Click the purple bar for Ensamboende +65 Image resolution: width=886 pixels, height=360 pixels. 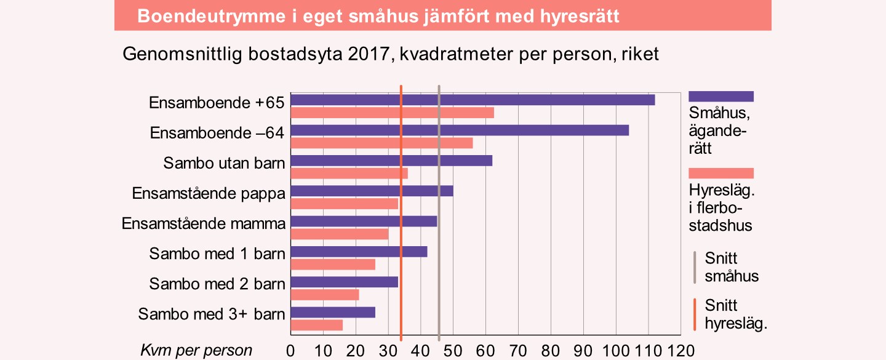473,100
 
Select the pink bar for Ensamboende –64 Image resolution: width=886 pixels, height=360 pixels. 381,143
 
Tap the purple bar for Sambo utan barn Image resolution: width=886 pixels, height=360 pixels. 391,161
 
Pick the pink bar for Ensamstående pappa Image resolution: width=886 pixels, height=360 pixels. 345,204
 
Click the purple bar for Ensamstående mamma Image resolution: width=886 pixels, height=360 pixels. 364,222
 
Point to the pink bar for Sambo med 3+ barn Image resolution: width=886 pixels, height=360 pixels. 316,325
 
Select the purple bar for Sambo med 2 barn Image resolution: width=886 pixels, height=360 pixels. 345,282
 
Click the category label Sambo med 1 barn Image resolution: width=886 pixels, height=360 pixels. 217,254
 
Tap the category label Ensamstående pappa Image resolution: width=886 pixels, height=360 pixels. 209,193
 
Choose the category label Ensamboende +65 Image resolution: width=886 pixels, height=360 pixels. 217,103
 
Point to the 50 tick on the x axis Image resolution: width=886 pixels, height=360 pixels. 453,351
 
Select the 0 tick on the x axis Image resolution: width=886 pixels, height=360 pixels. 291,351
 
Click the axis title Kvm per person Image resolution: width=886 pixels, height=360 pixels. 196,351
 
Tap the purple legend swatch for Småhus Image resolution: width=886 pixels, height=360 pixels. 721,96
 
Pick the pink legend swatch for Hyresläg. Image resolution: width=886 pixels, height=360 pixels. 721,173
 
